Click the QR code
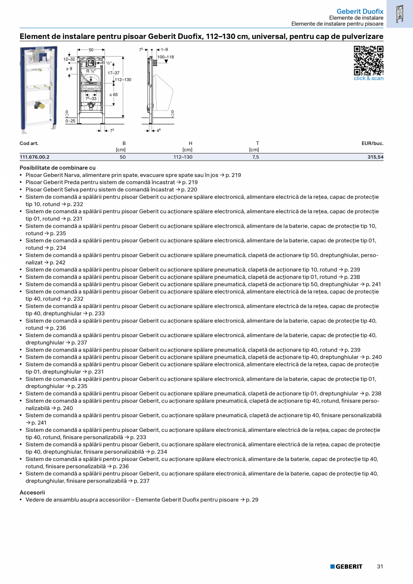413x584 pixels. pos(369,60)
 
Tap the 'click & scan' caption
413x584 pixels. pos(369,79)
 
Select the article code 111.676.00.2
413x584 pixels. pos(35,157)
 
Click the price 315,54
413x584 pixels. pos(375,157)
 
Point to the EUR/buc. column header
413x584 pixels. pos(373,143)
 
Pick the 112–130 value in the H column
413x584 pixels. pos(183,157)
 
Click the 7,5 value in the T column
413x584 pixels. pos(255,157)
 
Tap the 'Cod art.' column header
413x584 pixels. pos(29,143)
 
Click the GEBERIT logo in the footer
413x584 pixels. pos(346,566)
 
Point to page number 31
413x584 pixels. pos(380,566)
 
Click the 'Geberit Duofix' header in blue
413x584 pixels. pos(360,11)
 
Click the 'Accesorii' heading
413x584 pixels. pos(32,492)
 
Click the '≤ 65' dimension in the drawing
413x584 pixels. pos(113,95)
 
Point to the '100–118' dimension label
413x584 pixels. pos(165,57)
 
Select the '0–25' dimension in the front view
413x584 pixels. pos(70,121)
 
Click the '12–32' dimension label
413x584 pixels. pos(69,59)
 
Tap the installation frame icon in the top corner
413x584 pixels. pos(399,14)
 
